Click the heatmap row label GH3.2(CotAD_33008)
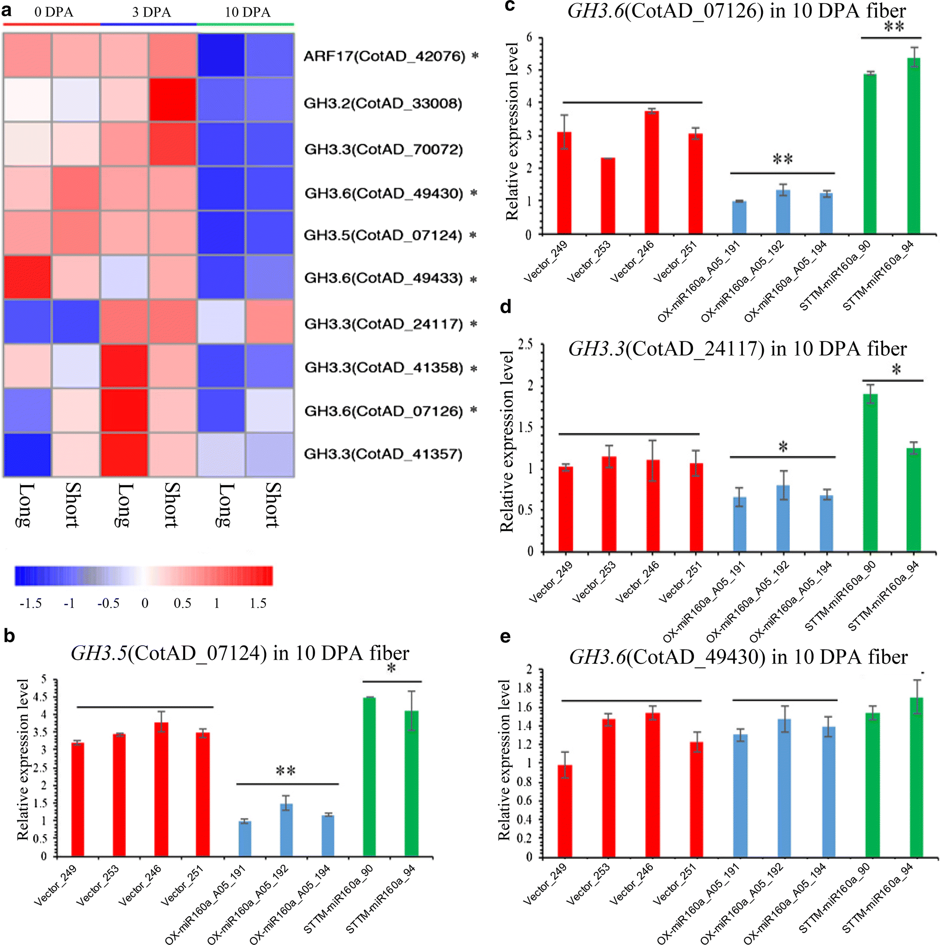(383, 104)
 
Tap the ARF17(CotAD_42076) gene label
(384, 56)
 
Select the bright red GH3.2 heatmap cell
(173, 99)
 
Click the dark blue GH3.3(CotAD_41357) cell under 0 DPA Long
(27, 454)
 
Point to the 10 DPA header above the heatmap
(247, 12)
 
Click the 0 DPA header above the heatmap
(53, 12)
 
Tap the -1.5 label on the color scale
(31, 603)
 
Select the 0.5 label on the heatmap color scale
(182, 603)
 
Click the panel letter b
(9, 636)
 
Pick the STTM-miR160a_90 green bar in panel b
(369, 777)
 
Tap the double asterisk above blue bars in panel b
(285, 772)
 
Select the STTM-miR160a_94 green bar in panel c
(913, 146)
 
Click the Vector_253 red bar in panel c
(607, 196)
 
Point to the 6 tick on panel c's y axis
(529, 37)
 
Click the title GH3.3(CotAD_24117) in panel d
(737, 349)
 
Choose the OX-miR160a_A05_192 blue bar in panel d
(783, 519)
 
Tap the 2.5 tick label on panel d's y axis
(525, 344)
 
